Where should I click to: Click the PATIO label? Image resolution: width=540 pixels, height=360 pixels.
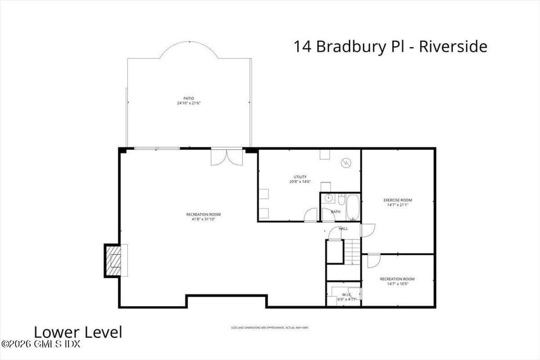[x=189, y=98]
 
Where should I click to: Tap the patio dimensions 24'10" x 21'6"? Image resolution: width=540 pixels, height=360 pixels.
[x=189, y=103]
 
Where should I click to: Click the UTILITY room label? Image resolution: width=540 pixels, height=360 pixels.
[x=300, y=177]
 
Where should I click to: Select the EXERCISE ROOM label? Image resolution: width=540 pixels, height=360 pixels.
[x=398, y=200]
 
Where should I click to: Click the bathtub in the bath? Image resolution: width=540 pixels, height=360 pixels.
[x=352, y=207]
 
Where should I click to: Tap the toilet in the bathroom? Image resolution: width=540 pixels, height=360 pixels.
[x=341, y=199]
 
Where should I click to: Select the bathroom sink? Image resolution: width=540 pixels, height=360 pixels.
[x=329, y=199]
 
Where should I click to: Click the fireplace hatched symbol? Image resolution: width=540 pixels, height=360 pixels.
[x=113, y=260]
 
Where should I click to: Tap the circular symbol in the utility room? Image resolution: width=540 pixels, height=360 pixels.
[x=346, y=163]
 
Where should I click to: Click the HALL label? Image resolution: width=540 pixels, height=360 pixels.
[x=343, y=229]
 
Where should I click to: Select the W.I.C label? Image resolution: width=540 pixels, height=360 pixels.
[x=347, y=294]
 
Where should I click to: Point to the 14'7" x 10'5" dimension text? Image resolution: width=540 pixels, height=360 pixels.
[x=397, y=284]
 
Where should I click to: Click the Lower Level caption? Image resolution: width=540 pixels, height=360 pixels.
[x=78, y=333]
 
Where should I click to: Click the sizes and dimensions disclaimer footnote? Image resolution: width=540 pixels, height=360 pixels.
[x=269, y=328]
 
